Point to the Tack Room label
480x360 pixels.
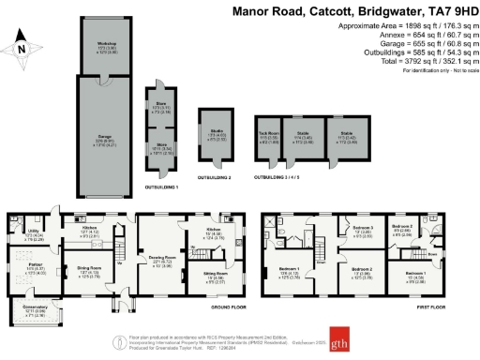[270, 134]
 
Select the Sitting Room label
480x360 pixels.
[213, 277]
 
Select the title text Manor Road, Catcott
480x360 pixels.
[295, 9]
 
